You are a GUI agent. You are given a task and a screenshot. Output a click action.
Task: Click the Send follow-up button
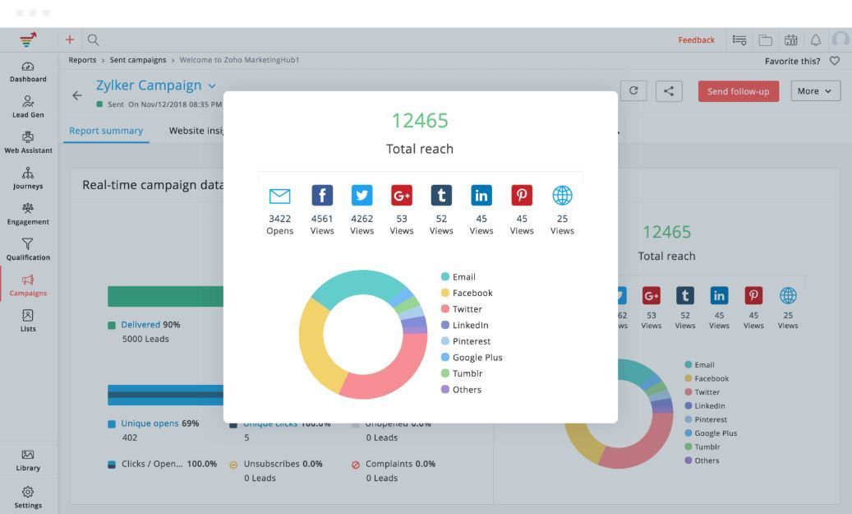pyautogui.click(x=738, y=91)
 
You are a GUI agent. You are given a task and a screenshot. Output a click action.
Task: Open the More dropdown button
pyautogui.click(x=815, y=91)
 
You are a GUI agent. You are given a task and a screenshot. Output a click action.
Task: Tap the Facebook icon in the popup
pyautogui.click(x=322, y=195)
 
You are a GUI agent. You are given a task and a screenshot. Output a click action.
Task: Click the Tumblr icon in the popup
pyautogui.click(x=441, y=195)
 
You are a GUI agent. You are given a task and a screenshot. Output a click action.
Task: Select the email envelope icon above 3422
pyautogui.click(x=279, y=196)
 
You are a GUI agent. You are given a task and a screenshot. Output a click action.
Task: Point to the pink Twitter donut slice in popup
pyautogui.click(x=386, y=374)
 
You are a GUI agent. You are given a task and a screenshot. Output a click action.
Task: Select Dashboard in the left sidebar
pyautogui.click(x=28, y=72)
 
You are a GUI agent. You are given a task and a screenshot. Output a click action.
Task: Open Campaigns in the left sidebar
pyautogui.click(x=28, y=285)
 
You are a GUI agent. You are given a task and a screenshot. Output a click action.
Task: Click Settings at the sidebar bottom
pyautogui.click(x=28, y=497)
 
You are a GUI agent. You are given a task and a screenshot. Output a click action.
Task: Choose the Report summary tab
pyautogui.click(x=106, y=131)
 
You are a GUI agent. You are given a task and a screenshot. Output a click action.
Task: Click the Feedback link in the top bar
pyautogui.click(x=696, y=39)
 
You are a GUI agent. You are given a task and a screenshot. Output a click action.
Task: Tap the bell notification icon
pyautogui.click(x=816, y=39)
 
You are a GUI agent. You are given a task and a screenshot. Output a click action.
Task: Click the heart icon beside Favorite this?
pyautogui.click(x=835, y=61)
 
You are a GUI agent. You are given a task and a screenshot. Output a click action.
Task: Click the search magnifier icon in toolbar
pyautogui.click(x=94, y=39)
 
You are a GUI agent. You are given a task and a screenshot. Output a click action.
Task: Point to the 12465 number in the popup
pyautogui.click(x=420, y=121)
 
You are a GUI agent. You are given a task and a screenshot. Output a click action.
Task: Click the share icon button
pyautogui.click(x=669, y=91)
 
